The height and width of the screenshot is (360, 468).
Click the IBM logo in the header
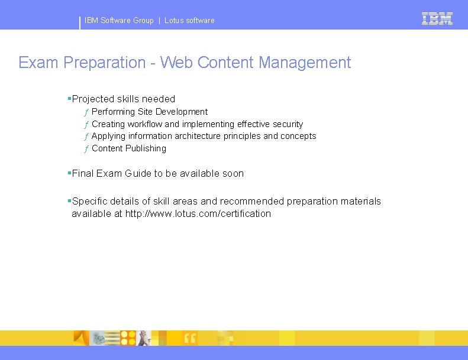(437, 19)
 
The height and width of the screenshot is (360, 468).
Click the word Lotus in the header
(174, 21)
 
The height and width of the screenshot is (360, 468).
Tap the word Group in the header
(143, 21)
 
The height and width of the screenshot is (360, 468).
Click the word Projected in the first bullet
(93, 99)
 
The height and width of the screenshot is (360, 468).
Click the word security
(288, 124)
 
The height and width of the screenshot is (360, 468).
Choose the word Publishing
(146, 148)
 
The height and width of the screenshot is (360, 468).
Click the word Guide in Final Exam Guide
(138, 174)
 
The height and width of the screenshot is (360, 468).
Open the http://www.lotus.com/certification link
(198, 214)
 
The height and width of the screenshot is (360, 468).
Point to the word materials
(360, 202)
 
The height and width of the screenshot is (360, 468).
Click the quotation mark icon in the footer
(190, 338)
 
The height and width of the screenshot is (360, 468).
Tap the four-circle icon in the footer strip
(128, 338)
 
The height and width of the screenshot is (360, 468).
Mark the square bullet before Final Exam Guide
(69, 173)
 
